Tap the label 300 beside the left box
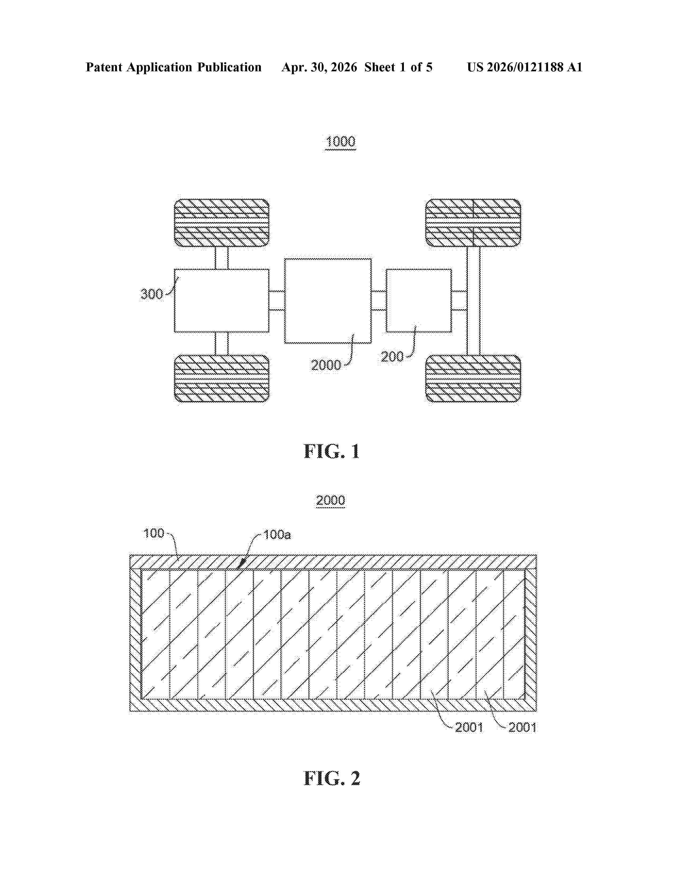[152, 294]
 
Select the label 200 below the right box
[392, 357]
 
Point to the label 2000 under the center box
[326, 365]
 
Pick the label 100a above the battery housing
[277, 535]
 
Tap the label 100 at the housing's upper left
[154, 533]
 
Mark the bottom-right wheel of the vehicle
[473, 378]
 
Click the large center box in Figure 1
[328, 301]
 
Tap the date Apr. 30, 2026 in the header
[319, 67]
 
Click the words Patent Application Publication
[174, 67]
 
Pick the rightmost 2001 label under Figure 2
[522, 727]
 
